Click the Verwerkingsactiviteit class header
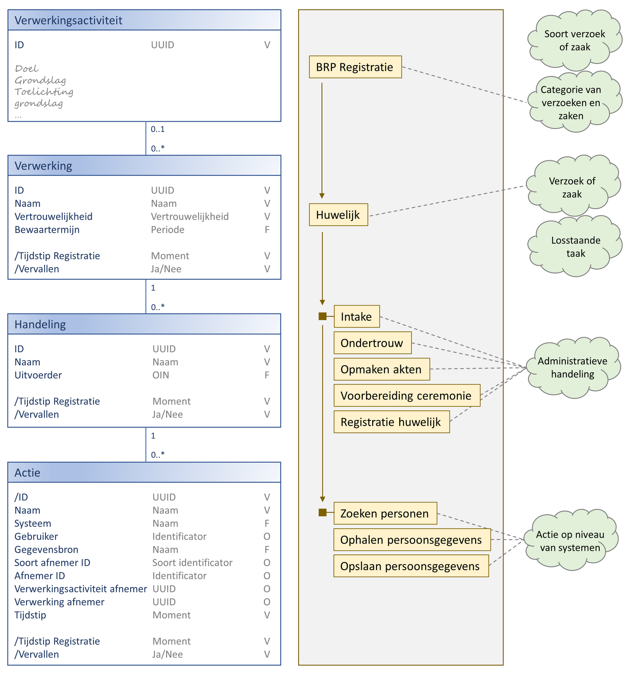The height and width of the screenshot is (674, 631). (x=144, y=20)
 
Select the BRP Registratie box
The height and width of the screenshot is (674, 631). (x=355, y=67)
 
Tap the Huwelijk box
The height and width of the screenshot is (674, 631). (x=338, y=215)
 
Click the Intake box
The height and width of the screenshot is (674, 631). (x=357, y=316)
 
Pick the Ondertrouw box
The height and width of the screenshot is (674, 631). (x=372, y=343)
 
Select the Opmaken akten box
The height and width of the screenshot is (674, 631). (x=381, y=369)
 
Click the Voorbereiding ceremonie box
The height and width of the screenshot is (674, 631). (x=407, y=395)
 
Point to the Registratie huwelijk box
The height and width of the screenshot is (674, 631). (x=391, y=422)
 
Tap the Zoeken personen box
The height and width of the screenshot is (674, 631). (x=385, y=513)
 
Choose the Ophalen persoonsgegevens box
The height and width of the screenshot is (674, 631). (x=412, y=540)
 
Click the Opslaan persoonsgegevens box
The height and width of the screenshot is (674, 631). (x=411, y=566)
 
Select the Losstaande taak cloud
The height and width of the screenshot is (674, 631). (x=575, y=247)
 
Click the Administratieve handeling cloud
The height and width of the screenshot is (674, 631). (x=573, y=368)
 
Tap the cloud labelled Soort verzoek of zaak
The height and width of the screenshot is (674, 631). (x=575, y=40)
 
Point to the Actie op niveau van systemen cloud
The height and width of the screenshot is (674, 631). (x=570, y=541)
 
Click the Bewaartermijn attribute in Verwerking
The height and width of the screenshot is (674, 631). (x=47, y=230)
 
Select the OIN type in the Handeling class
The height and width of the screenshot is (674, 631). (x=161, y=375)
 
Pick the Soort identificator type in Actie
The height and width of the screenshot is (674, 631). (x=192, y=563)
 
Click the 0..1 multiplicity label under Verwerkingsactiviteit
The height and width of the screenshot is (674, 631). (x=158, y=129)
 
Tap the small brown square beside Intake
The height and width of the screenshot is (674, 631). (x=322, y=316)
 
